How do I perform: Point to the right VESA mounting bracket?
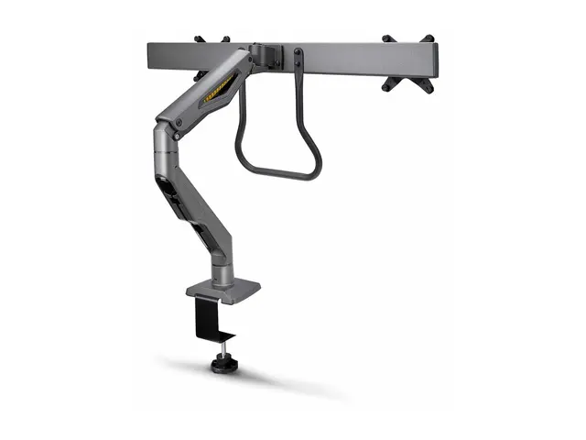(407, 63)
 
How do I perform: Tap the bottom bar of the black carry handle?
(278, 175)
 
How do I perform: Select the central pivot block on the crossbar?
(266, 55)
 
